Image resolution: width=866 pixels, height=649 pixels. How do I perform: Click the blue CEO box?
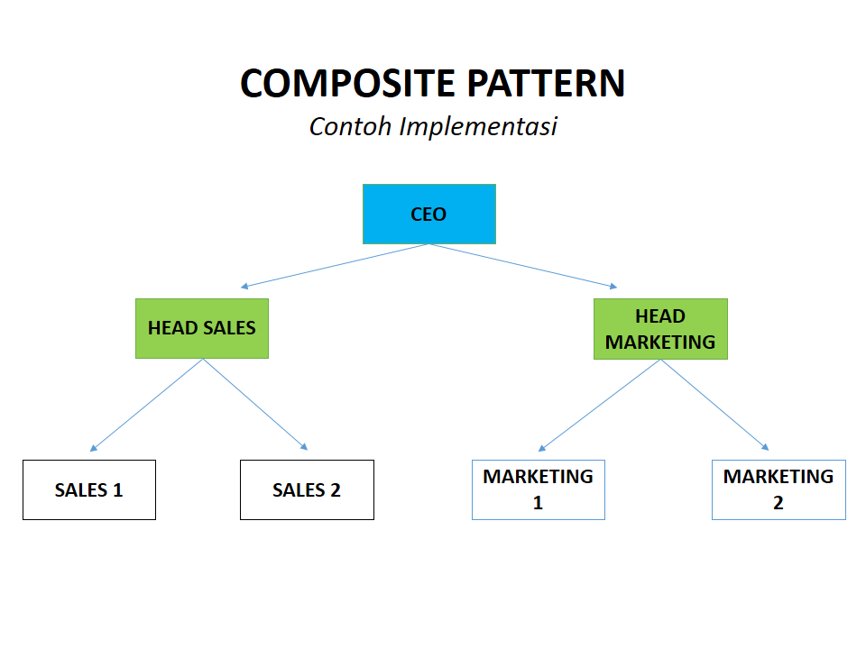coord(428,214)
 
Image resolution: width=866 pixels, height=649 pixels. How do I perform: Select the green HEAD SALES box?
coord(202,328)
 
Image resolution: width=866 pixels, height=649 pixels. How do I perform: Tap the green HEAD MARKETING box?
coord(660,329)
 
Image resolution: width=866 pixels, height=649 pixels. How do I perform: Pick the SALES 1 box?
coord(88,489)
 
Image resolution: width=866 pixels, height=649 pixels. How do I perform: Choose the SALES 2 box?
coord(307,489)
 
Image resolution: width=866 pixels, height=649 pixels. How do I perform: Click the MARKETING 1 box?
coord(538,489)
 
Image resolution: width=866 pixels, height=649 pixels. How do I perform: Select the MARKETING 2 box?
coord(778,489)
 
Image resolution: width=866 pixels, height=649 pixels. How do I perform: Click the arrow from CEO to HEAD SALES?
coord(335,266)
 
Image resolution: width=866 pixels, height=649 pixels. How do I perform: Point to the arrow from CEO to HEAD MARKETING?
coord(523,266)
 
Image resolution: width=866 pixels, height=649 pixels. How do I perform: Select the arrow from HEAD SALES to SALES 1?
coord(147,405)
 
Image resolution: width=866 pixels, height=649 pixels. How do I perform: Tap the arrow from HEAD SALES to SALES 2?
coord(255,405)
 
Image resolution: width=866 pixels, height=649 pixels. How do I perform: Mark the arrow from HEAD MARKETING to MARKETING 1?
coord(600,405)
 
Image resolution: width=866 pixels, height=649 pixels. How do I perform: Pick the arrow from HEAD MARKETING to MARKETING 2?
coord(714,405)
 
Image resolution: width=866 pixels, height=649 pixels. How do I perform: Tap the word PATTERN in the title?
coord(546,83)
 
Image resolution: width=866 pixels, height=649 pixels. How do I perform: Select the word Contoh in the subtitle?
coord(350,126)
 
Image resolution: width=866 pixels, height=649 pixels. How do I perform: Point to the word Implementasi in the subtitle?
coord(478,126)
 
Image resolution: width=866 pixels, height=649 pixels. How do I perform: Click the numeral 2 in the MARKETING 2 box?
coord(778,503)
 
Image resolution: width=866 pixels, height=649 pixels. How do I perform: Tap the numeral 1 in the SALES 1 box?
coord(116,490)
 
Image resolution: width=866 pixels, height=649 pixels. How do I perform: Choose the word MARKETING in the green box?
coord(660,343)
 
